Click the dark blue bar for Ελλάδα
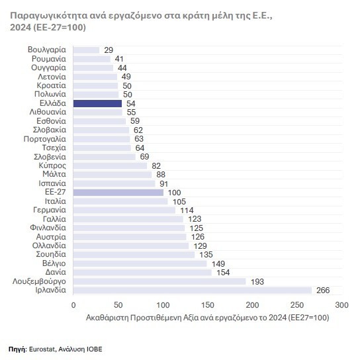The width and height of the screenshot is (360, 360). tap(97, 103)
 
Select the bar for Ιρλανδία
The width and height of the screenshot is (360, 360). tap(193, 291)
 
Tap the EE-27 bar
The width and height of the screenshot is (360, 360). tap(118, 193)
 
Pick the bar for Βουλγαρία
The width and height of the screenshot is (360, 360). tap(86, 50)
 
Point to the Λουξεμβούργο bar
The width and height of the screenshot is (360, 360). tap(159, 281)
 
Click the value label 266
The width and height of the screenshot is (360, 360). tap(323, 291)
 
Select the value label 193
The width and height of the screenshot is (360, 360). tap(257, 282)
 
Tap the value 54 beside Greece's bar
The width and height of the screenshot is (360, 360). tap(131, 103)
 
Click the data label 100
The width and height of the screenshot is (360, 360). tap(175, 193)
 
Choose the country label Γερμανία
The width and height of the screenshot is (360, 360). tap(50, 210)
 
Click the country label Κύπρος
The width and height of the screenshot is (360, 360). tap(52, 165)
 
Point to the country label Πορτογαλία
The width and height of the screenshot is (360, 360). tap(45, 139)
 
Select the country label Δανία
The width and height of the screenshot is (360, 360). tap(56, 272)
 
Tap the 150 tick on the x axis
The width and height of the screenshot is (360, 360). tap(208, 305)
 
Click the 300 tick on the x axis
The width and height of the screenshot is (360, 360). tap(342, 305)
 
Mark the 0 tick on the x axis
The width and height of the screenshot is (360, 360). tap(73, 305)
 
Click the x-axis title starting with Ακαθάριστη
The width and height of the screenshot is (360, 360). tap(208, 318)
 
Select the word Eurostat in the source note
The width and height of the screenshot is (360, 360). tap(42, 349)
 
